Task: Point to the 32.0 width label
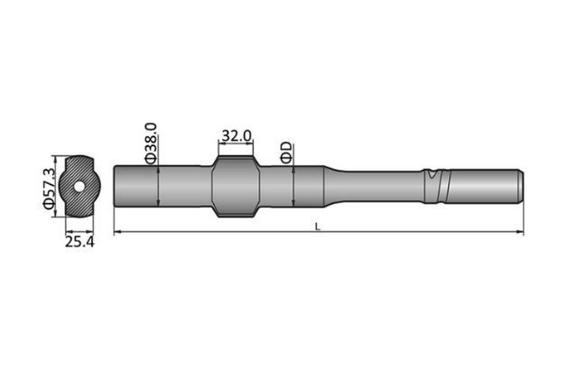(236, 135)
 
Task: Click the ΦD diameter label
(285, 151)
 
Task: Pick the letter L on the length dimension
(318, 227)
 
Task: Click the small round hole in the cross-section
(80, 187)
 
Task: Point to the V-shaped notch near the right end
(435, 173)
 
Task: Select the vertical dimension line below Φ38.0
(158, 186)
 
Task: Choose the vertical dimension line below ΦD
(293, 186)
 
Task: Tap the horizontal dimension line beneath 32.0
(236, 145)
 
